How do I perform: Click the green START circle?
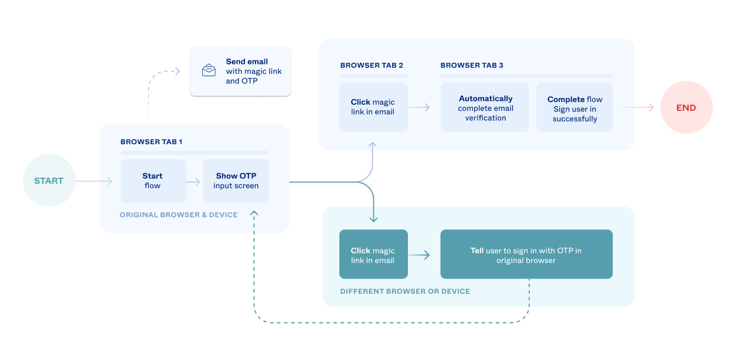(x=49, y=181)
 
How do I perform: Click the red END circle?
(x=686, y=107)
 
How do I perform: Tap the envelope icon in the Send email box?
(x=209, y=70)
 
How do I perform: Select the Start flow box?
(x=153, y=181)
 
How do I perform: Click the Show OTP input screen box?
(x=236, y=181)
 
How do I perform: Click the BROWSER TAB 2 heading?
(x=372, y=65)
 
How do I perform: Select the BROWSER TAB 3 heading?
(x=472, y=65)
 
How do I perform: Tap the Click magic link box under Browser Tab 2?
(x=373, y=107)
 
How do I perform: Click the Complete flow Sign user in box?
(x=574, y=108)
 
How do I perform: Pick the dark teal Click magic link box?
(x=373, y=254)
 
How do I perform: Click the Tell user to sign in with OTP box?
(x=526, y=254)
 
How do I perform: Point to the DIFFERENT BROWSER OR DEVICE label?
(x=405, y=291)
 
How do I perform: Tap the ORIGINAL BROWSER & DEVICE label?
(x=179, y=215)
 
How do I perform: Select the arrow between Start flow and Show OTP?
(x=194, y=182)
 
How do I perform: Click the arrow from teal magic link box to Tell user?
(x=420, y=255)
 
